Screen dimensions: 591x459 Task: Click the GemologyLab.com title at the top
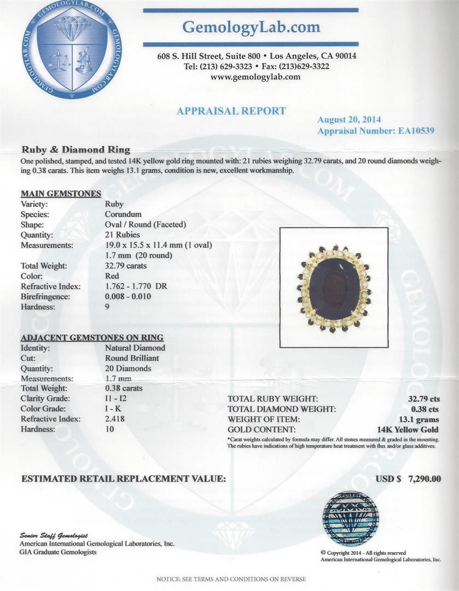(x=251, y=27)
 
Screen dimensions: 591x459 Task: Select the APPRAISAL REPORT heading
(x=231, y=111)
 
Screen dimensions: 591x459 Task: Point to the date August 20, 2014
(x=349, y=120)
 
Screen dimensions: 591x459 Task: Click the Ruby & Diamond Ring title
(x=75, y=149)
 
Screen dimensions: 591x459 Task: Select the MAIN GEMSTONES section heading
(x=61, y=194)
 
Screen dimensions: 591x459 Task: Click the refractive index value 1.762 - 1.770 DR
(x=136, y=286)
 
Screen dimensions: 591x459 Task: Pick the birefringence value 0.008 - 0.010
(x=128, y=297)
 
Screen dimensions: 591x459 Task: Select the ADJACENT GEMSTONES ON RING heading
(x=92, y=338)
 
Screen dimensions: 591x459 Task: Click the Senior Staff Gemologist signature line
(x=54, y=535)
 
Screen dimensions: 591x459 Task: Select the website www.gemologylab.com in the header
(x=255, y=77)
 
